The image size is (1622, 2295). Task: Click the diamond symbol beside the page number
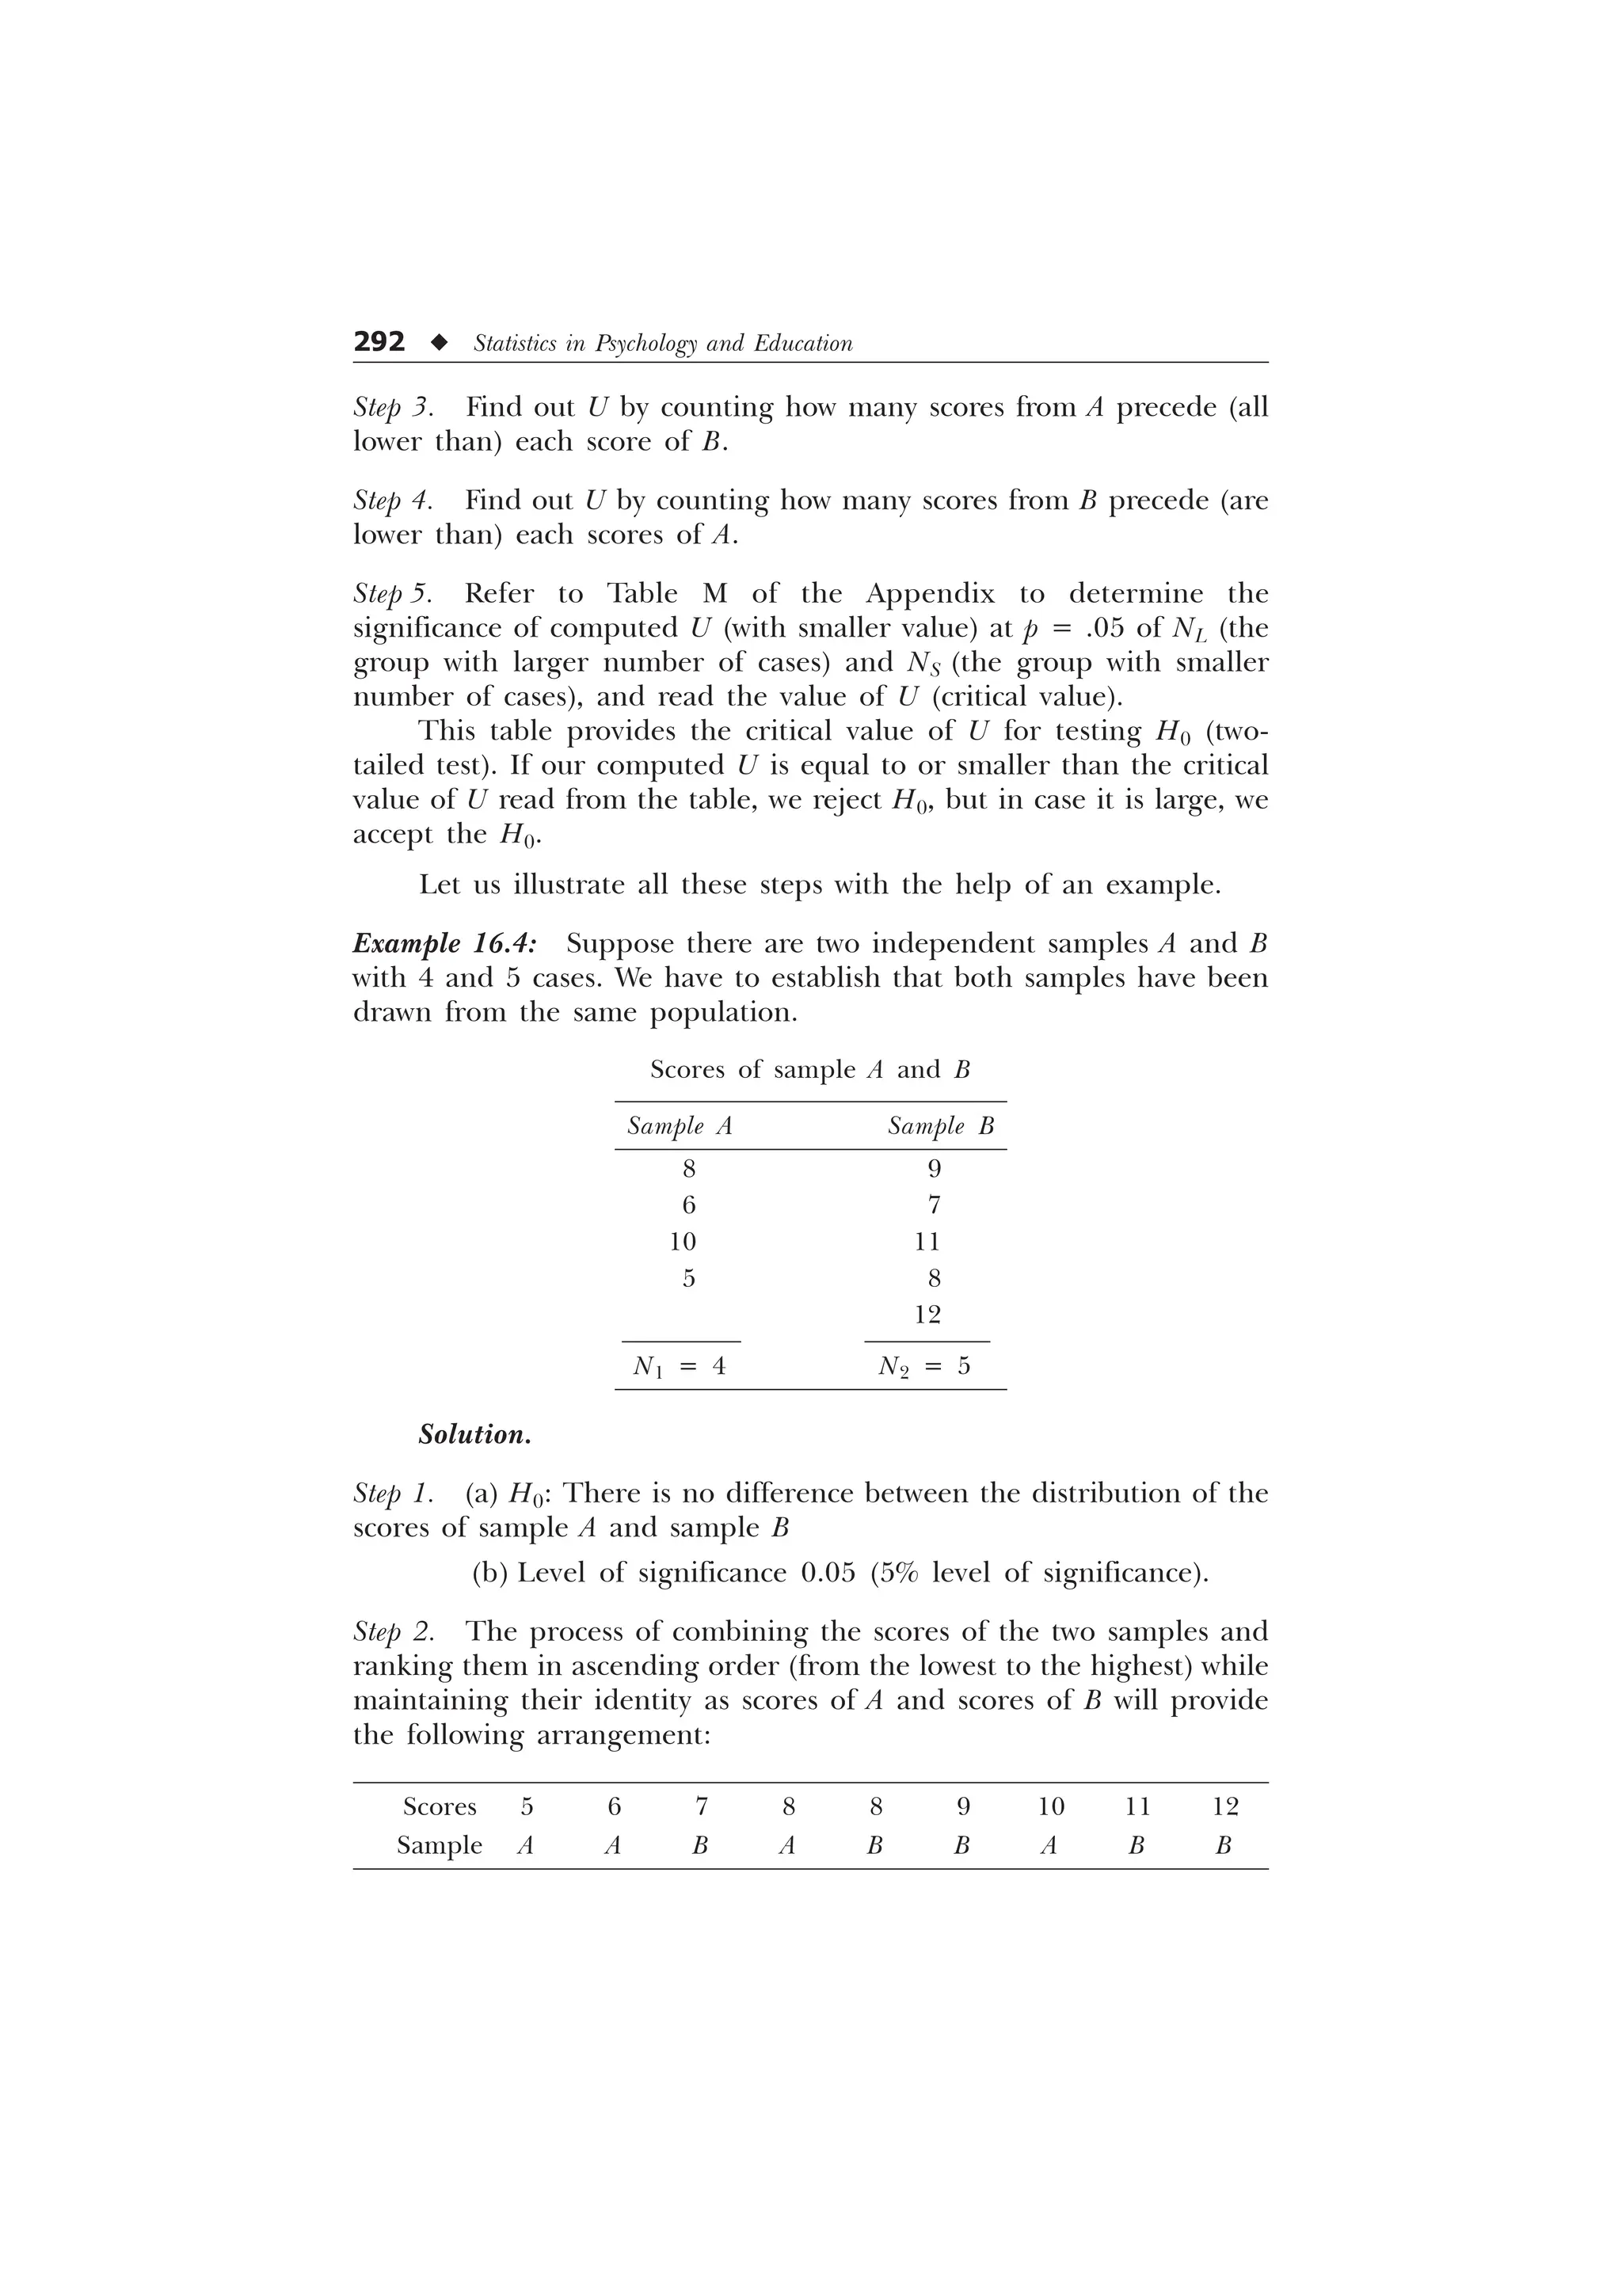pos(439,343)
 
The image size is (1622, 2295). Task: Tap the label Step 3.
pos(392,408)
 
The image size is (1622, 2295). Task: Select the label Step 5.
pos(393,594)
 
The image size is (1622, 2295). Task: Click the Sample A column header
pos(680,1126)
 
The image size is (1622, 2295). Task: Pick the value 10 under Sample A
pos(683,1242)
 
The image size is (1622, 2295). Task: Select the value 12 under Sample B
pos(927,1315)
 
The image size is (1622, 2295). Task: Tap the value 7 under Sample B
pos(934,1205)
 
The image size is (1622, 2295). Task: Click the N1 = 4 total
pos(680,1366)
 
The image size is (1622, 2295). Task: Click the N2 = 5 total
pos(924,1366)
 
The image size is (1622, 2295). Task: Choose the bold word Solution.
pos(474,1436)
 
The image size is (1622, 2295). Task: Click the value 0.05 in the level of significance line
pos(828,1574)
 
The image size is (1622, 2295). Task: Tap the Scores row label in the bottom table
pos(440,1807)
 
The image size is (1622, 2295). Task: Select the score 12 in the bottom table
pos(1224,1807)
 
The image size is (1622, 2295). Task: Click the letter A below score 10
pos(1049,1846)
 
